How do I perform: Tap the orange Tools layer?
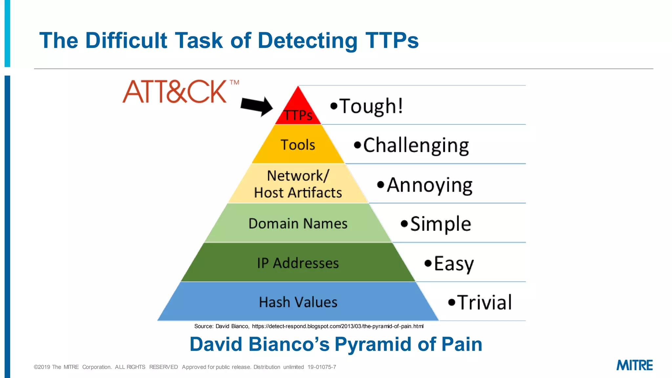(x=298, y=145)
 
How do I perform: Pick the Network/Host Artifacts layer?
(x=298, y=184)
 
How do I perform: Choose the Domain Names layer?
(x=298, y=223)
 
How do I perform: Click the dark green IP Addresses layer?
(x=298, y=263)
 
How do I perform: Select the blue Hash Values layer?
(x=298, y=302)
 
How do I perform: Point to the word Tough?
(x=371, y=106)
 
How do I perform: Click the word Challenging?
(x=416, y=145)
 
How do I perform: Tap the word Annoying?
(x=429, y=185)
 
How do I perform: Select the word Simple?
(x=440, y=224)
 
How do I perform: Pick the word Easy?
(x=454, y=263)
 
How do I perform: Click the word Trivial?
(x=484, y=302)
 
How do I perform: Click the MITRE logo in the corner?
(x=634, y=365)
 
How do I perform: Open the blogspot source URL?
(x=337, y=326)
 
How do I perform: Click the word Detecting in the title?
(x=307, y=41)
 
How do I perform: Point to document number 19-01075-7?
(x=322, y=367)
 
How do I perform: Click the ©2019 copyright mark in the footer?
(x=42, y=367)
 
